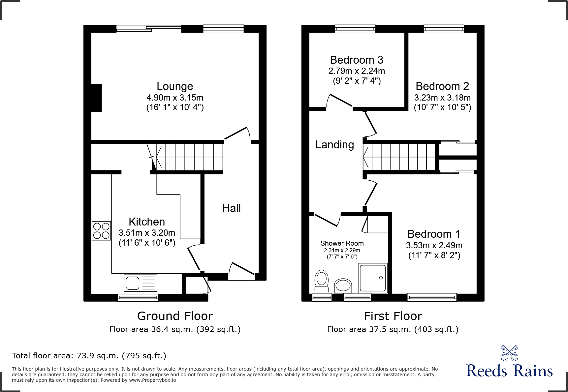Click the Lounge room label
pyautogui.click(x=175, y=86)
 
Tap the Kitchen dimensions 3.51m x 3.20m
pyautogui.click(x=147, y=233)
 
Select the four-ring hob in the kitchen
pyautogui.click(x=101, y=231)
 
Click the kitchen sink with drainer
pyautogui.click(x=141, y=283)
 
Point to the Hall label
pyautogui.click(x=231, y=208)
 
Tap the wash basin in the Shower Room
pyautogui.click(x=343, y=286)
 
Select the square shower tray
pyautogui.click(x=373, y=278)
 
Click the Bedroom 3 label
pyautogui.click(x=357, y=60)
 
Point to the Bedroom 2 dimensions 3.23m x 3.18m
pyautogui.click(x=442, y=98)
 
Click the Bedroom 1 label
pyautogui.click(x=434, y=234)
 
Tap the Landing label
pyautogui.click(x=334, y=145)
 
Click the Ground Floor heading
pyautogui.click(x=175, y=316)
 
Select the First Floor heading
pyautogui.click(x=393, y=316)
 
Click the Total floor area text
pyautogui.click(x=89, y=356)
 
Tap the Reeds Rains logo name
pyautogui.click(x=509, y=371)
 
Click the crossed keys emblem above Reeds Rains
pyautogui.click(x=509, y=353)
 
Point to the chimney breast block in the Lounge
pyautogui.click(x=96, y=98)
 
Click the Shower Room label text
pyautogui.click(x=342, y=243)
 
